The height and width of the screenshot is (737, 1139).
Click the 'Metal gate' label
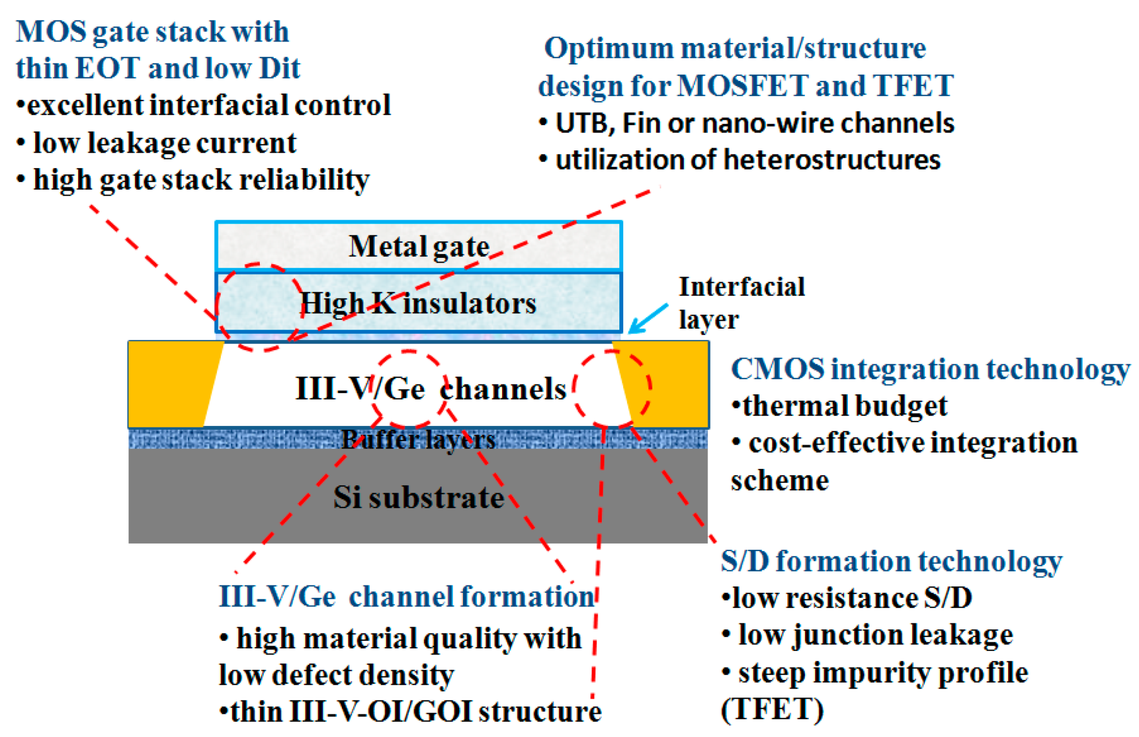point(419,246)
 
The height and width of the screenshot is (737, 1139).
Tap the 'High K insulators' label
point(419,303)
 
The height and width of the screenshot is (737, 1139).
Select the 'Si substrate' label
point(419,498)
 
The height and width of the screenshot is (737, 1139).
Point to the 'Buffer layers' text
point(419,439)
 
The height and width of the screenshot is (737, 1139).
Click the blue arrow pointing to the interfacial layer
point(647,318)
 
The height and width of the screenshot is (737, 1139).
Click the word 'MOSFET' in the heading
point(742,86)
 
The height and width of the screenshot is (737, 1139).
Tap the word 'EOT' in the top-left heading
point(108,68)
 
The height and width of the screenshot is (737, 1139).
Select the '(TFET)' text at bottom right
point(772,709)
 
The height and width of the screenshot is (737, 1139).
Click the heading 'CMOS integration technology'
point(930,369)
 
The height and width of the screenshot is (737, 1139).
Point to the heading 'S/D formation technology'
point(891,561)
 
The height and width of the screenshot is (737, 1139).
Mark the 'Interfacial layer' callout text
point(741,303)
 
